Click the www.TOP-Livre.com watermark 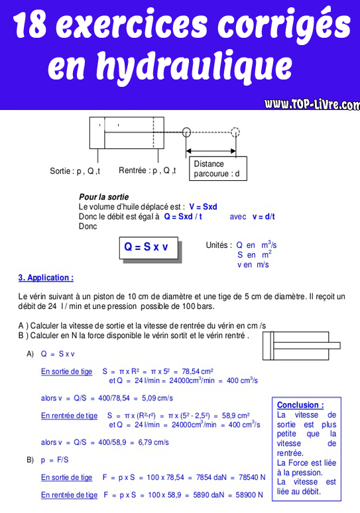312,104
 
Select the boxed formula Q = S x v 147,247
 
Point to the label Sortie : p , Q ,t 75,171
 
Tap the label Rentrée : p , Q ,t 147,171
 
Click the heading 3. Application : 46,278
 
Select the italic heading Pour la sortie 103,197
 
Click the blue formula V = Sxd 203,207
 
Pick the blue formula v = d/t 264,217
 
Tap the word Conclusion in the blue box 300,405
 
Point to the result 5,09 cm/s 156,398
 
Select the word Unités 218,245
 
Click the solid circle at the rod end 186,131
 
